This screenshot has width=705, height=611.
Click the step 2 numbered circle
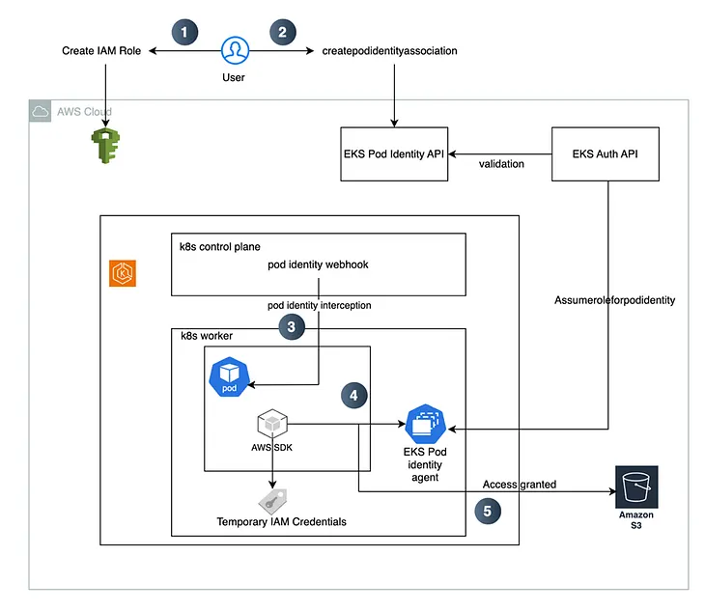click(282, 31)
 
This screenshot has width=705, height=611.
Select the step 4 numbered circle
click(354, 395)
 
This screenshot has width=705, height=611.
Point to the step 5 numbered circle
click(489, 511)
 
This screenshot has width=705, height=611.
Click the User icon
click(234, 50)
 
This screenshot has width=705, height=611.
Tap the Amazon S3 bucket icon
click(635, 486)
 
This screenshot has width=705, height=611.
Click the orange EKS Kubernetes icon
click(123, 274)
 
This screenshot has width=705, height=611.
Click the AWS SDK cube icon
click(271, 423)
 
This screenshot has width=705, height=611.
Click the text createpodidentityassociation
click(389, 50)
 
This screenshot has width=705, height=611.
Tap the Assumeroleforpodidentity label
click(614, 300)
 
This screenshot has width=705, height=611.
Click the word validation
click(501, 164)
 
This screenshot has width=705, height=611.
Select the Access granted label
click(520, 484)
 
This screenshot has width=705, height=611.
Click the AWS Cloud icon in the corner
click(41, 112)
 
